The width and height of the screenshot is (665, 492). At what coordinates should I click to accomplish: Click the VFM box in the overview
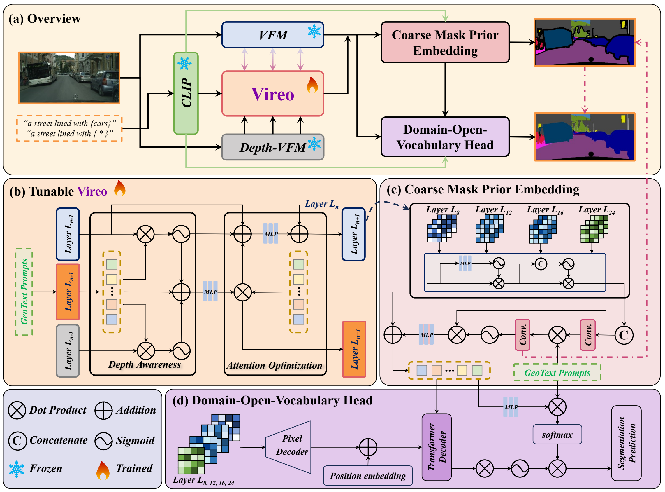point(272,35)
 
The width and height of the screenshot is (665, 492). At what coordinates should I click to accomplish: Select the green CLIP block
point(186,93)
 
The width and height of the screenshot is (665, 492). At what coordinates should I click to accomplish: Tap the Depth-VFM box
point(272,147)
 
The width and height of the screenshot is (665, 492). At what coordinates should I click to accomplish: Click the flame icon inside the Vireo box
point(312,85)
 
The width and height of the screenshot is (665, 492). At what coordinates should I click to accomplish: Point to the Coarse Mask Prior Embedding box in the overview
point(445,42)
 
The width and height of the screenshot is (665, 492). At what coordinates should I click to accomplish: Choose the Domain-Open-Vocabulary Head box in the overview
point(445,137)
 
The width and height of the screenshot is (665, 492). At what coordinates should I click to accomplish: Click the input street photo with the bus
point(69,78)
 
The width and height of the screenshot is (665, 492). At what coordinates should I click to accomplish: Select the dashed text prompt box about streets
point(69,128)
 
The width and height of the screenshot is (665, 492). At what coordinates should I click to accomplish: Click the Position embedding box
point(368,476)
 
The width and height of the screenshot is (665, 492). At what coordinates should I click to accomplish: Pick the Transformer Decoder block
point(436,447)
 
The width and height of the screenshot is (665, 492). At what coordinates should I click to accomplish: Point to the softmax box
point(557,435)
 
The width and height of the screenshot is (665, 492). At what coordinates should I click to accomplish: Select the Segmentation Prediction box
point(626,443)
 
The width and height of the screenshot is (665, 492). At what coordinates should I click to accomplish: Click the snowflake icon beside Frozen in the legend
point(17,469)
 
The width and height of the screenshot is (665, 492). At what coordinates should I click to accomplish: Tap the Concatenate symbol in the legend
point(17,441)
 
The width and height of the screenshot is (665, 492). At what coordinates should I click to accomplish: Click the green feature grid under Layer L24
point(594,229)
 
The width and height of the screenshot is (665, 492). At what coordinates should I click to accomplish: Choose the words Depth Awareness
point(145,364)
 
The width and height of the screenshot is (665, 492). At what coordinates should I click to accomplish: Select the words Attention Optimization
point(274,365)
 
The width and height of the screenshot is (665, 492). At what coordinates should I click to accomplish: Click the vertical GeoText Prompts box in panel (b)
point(24,292)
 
